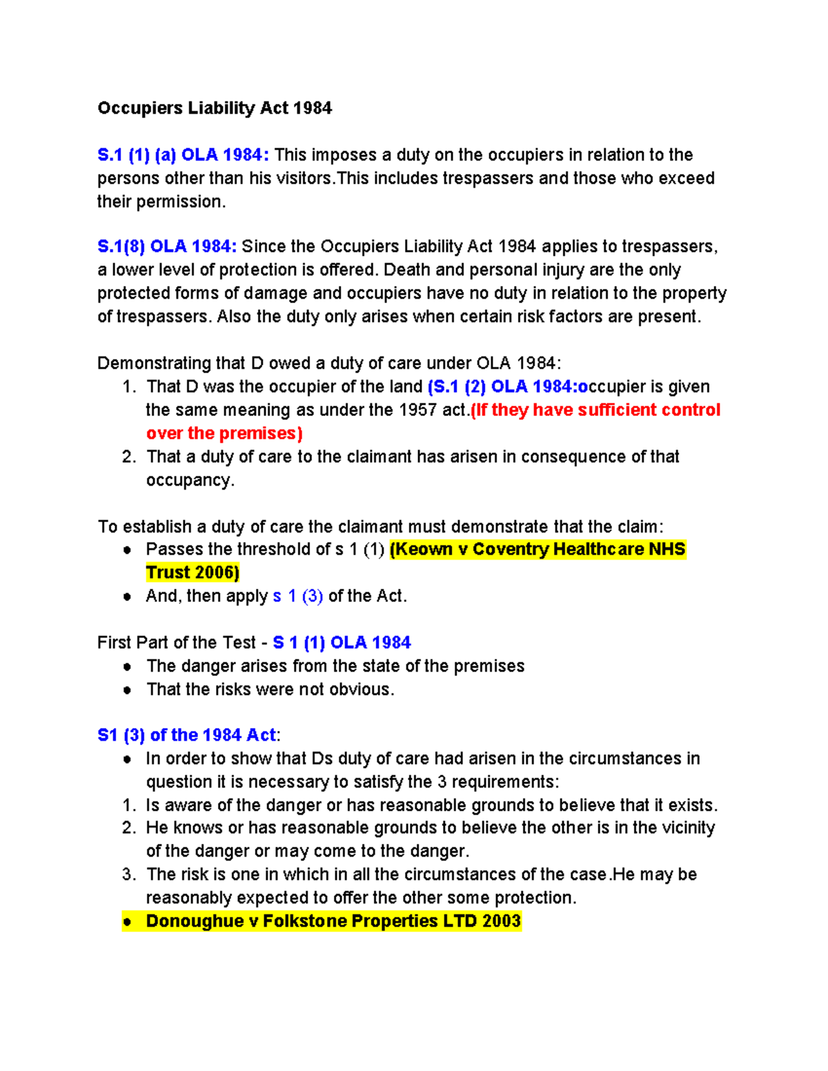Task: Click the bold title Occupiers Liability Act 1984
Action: (x=215, y=108)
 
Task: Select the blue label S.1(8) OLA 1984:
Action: (x=167, y=246)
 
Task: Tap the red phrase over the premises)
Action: (x=224, y=433)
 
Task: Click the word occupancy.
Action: (x=189, y=480)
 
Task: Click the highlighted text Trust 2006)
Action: (x=193, y=572)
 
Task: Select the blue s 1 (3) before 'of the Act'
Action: (x=297, y=596)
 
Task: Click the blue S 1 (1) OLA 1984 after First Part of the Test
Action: (x=342, y=643)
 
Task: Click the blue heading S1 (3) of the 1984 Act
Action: (x=186, y=735)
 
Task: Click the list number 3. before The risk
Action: (x=129, y=874)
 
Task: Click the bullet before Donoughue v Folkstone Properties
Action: (x=127, y=921)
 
